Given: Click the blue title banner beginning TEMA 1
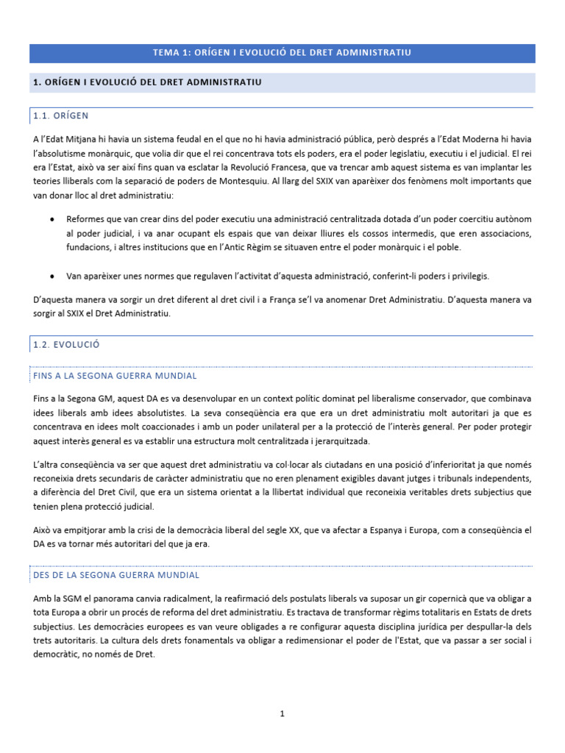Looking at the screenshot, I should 282,53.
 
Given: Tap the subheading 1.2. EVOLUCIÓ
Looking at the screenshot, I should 66,343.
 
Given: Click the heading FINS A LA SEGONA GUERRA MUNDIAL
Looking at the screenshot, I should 115,375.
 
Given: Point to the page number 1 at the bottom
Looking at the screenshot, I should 282,713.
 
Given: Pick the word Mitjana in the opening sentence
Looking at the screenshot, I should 83,140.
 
